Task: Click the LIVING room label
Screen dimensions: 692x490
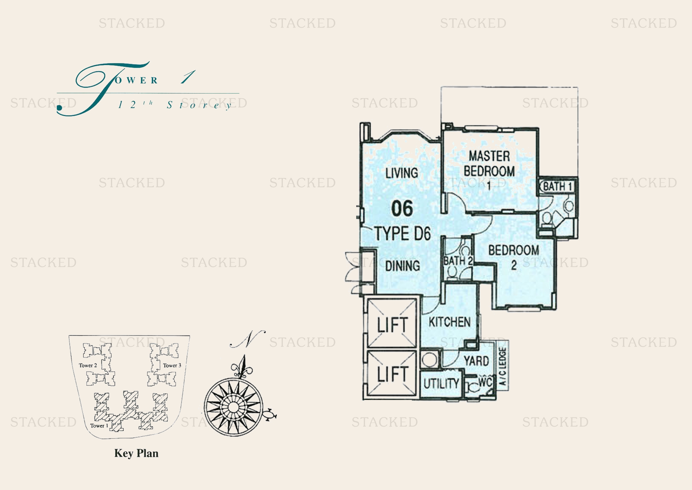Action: click(x=402, y=173)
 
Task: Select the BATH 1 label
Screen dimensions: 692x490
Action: click(x=558, y=186)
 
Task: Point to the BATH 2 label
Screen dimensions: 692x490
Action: click(x=458, y=261)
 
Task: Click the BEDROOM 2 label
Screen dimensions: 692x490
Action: click(x=514, y=257)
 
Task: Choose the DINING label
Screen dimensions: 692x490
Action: click(x=402, y=266)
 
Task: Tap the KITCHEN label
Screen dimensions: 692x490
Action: click(x=450, y=322)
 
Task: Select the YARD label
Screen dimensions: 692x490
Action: click(x=476, y=361)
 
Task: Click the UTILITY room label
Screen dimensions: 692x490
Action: click(x=441, y=384)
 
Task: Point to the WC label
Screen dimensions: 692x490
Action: click(x=485, y=382)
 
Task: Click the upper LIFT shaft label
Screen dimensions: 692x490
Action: click(x=393, y=325)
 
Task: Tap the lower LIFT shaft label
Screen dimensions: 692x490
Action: click(x=393, y=374)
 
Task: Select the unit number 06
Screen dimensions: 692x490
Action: click(x=402, y=209)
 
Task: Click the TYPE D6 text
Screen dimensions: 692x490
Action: click(x=403, y=233)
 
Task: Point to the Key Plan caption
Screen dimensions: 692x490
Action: click(x=136, y=454)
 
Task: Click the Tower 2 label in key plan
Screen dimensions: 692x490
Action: click(x=88, y=365)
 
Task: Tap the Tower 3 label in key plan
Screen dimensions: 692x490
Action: click(x=172, y=365)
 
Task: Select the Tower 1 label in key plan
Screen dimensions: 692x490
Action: click(x=99, y=426)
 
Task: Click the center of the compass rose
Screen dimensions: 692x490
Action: click(x=233, y=407)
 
